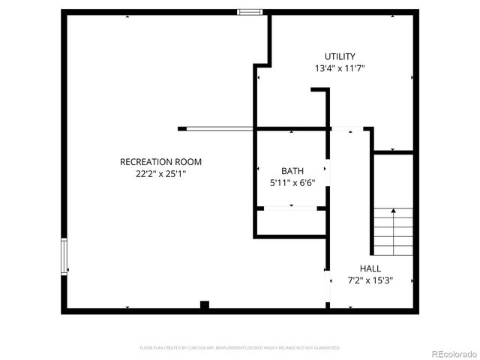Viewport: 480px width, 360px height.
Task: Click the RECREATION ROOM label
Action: coord(160,162)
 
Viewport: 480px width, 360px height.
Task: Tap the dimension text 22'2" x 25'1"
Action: coord(160,174)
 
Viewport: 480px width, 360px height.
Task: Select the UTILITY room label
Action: coord(340,56)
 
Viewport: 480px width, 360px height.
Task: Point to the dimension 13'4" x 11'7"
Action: coord(340,68)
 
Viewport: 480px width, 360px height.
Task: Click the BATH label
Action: coord(292,171)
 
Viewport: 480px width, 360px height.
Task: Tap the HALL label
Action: coord(370,268)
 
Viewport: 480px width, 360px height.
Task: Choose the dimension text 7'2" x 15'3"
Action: coord(370,280)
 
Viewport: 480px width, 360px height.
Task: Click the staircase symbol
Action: coord(393,231)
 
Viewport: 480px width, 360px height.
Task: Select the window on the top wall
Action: coord(250,12)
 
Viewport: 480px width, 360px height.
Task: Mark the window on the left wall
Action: coord(64,256)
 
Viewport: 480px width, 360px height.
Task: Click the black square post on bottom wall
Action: coord(204,305)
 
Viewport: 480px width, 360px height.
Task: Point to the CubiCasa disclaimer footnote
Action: coord(240,348)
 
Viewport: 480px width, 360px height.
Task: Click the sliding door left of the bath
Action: coord(219,129)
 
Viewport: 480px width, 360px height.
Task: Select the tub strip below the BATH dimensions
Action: coord(291,208)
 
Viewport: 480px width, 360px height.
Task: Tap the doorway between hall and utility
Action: coord(348,129)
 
